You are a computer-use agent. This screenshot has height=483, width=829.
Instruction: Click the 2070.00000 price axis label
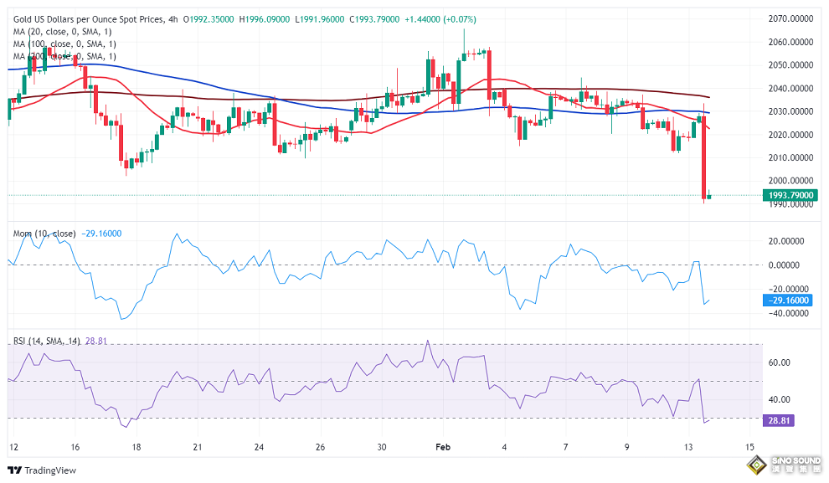[790, 18]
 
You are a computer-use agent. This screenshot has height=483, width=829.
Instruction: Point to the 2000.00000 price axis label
[790, 181]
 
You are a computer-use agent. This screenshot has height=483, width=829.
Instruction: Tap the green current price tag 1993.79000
[790, 196]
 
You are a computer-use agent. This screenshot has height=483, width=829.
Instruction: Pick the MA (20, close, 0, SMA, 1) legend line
[64, 32]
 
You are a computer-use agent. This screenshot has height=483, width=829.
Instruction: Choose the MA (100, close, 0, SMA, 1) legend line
[67, 44]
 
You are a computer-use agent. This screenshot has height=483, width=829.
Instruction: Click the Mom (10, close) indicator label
[44, 233]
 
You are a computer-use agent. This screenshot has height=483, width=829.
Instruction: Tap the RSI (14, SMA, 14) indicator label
[49, 342]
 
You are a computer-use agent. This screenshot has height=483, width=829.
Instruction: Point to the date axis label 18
[136, 447]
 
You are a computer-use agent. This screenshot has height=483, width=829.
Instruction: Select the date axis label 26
[320, 447]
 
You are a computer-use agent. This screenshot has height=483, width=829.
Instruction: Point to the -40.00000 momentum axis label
[790, 313]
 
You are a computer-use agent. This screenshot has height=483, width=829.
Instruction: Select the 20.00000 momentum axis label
[790, 241]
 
